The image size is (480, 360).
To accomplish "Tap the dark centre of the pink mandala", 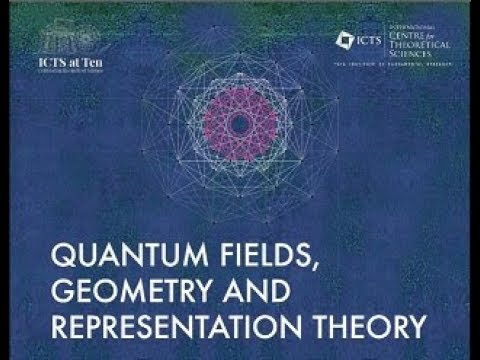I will (240, 123).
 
